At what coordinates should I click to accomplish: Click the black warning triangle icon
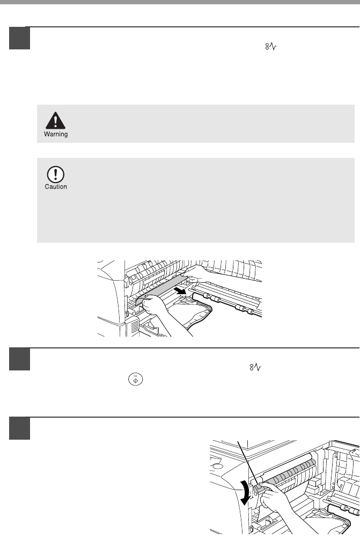point(55,120)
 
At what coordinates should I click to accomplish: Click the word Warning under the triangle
point(56,134)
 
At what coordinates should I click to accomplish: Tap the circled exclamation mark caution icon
point(56,174)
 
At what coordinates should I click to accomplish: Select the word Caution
point(56,187)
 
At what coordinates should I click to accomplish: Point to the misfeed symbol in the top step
point(271,46)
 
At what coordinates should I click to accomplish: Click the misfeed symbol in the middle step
point(255,367)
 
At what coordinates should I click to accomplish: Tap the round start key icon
point(136,380)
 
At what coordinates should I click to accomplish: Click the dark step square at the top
point(19,38)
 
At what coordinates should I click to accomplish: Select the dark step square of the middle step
point(19,359)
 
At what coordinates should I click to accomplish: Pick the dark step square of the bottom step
point(19,428)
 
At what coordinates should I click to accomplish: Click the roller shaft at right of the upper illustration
point(227,302)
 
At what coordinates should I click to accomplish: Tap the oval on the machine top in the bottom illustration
point(217,466)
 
